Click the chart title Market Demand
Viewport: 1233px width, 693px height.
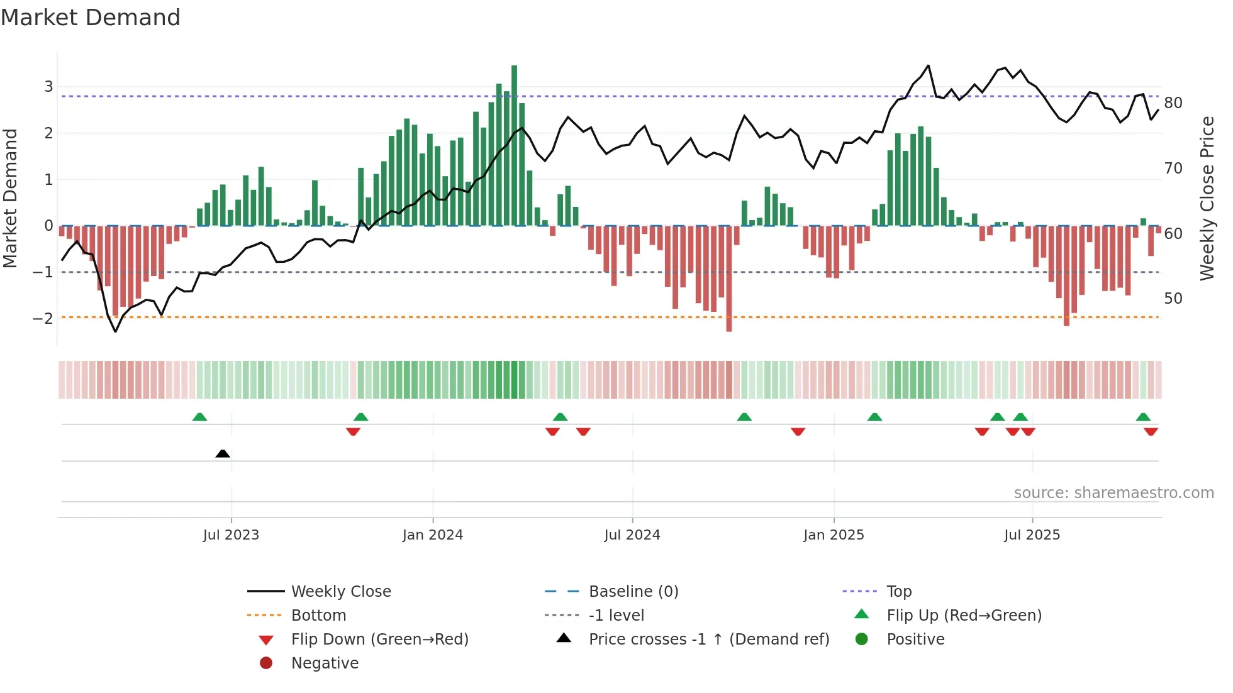click(x=91, y=18)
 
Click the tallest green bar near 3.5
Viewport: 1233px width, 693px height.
click(x=514, y=145)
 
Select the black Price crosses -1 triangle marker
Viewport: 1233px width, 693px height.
click(x=223, y=453)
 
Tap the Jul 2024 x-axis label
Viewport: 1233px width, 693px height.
click(x=632, y=535)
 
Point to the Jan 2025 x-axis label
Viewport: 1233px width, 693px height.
click(x=834, y=535)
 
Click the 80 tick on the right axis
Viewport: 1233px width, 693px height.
click(x=1173, y=103)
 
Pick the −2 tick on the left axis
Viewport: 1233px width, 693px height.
click(x=43, y=318)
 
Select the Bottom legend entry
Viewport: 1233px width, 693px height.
click(x=318, y=616)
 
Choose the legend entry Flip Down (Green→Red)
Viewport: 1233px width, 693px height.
click(x=379, y=640)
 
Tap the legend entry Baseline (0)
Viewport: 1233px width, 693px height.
click(x=633, y=592)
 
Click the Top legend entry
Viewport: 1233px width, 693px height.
click(x=899, y=592)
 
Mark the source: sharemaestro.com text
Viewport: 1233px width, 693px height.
click(x=1113, y=493)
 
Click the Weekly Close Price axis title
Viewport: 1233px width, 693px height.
click(x=1207, y=198)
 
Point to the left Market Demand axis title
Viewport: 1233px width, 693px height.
click(x=11, y=198)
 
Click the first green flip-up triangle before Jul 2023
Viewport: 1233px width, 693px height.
click(x=199, y=417)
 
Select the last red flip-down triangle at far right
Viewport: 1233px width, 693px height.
click(x=1151, y=431)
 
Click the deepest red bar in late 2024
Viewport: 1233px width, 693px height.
click(x=728, y=280)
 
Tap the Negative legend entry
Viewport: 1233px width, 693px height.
click(x=325, y=663)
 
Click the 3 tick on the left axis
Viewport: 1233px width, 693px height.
click(x=48, y=87)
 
